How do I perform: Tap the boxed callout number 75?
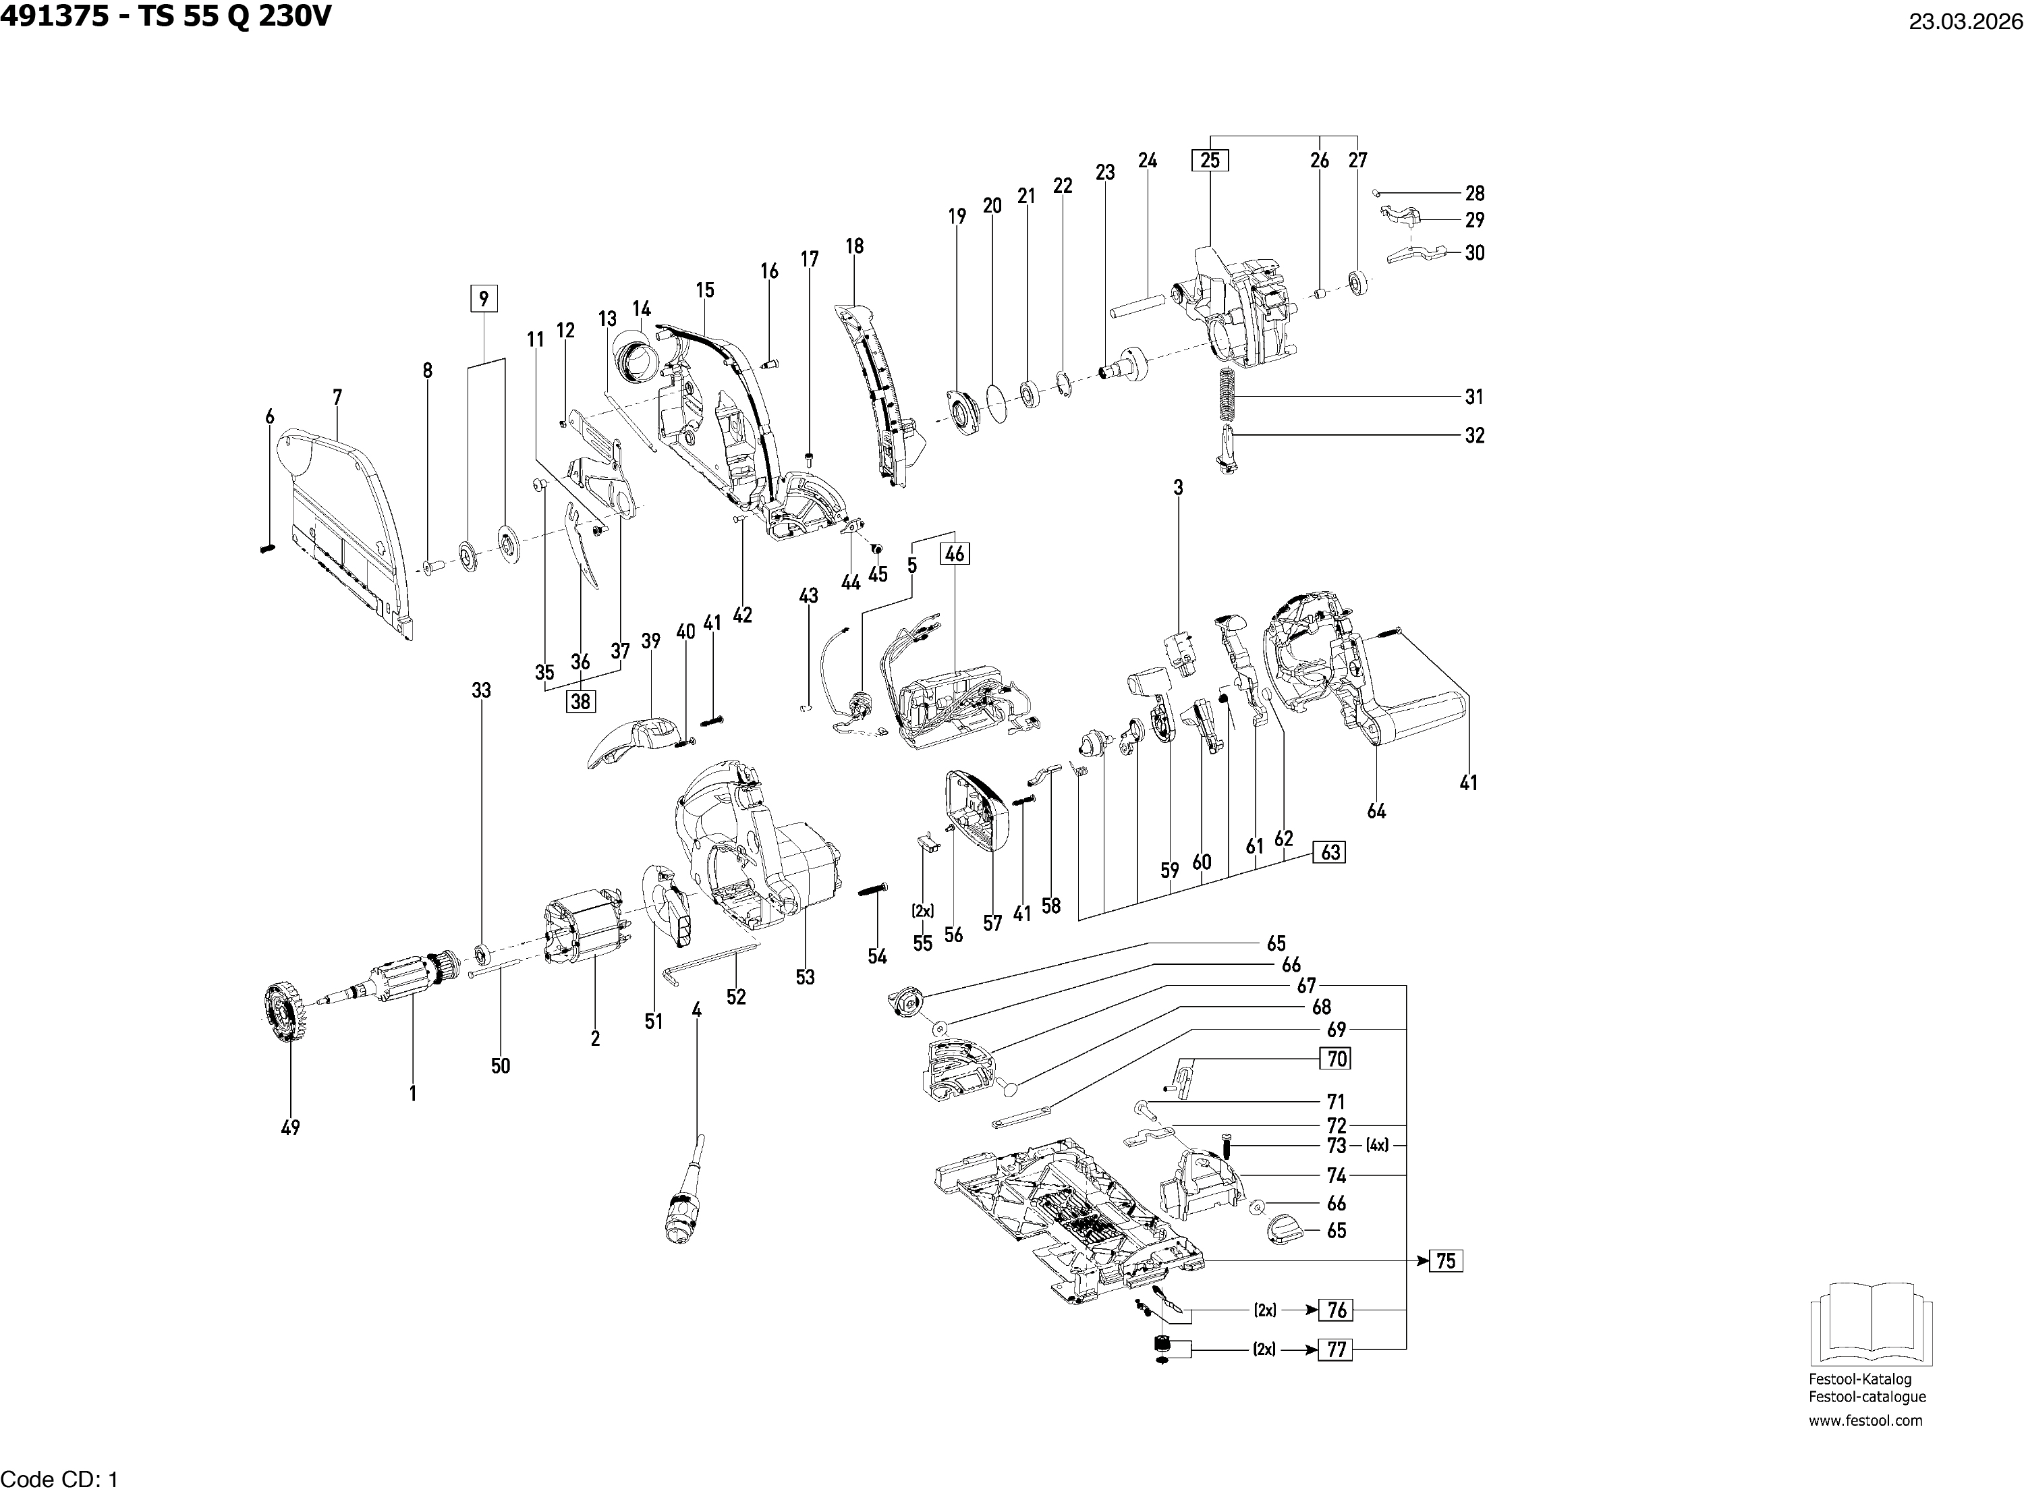click(x=1445, y=1261)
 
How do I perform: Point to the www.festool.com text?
click(x=1865, y=1420)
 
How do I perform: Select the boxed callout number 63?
click(x=1330, y=852)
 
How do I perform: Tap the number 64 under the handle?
click(x=1376, y=811)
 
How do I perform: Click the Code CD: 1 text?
click(x=59, y=1480)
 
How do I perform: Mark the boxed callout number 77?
click(x=1336, y=1349)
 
